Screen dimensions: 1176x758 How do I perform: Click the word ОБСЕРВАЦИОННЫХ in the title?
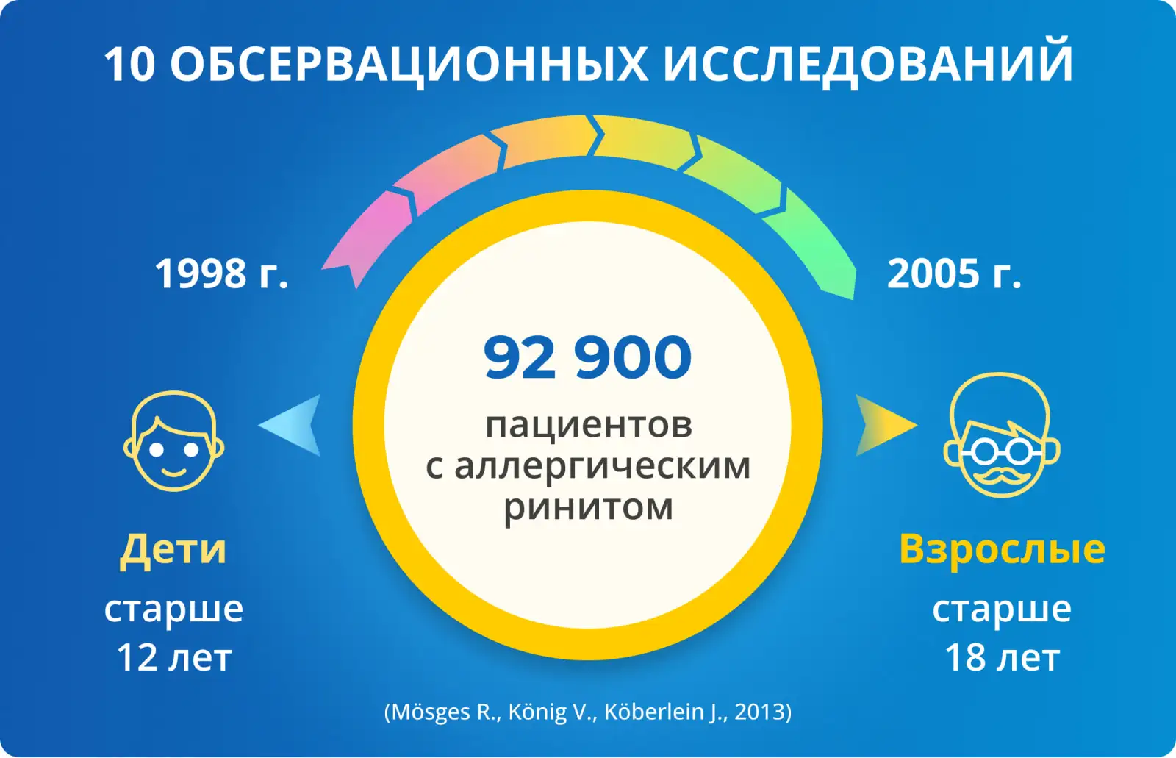pyautogui.click(x=409, y=64)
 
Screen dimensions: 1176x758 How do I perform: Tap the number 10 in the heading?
pyautogui.click(x=129, y=64)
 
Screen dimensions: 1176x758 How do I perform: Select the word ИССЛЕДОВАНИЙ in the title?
pyautogui.click(x=868, y=63)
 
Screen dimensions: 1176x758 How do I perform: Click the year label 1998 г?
pyautogui.click(x=221, y=273)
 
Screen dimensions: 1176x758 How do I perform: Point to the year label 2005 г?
pyautogui.click(x=954, y=273)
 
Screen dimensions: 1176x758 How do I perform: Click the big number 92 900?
pyautogui.click(x=587, y=358)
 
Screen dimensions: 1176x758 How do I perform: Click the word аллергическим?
pyautogui.click(x=603, y=466)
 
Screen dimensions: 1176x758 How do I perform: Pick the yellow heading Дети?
pyautogui.click(x=173, y=549)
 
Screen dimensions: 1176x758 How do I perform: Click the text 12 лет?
pyautogui.click(x=173, y=657)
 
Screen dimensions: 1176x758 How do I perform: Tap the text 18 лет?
pyautogui.click(x=1003, y=657)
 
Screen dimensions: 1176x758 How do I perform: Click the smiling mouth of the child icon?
pyautogui.click(x=173, y=472)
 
